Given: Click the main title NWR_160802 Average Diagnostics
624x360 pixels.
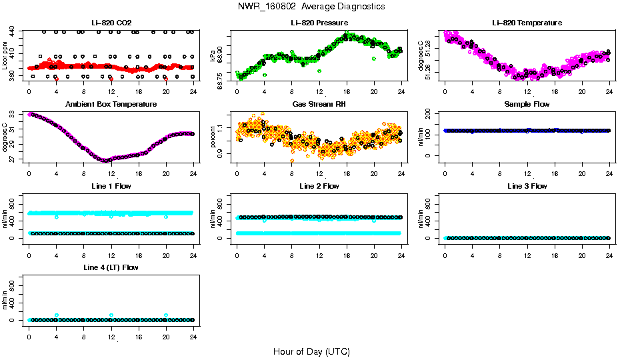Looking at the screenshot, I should pos(311,7).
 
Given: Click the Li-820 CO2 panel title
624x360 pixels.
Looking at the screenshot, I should pos(111,23).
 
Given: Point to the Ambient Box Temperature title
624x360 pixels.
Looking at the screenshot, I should pos(111,104).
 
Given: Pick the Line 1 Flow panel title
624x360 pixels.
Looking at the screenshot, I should pos(111,186).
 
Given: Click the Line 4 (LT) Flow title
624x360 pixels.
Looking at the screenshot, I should pos(111,267).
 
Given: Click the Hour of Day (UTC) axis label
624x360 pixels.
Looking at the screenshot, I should pos(311,351).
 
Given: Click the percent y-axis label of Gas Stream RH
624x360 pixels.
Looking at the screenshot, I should pos(213,137).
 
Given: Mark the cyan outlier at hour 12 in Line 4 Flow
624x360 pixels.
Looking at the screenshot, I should pos(111,315).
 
